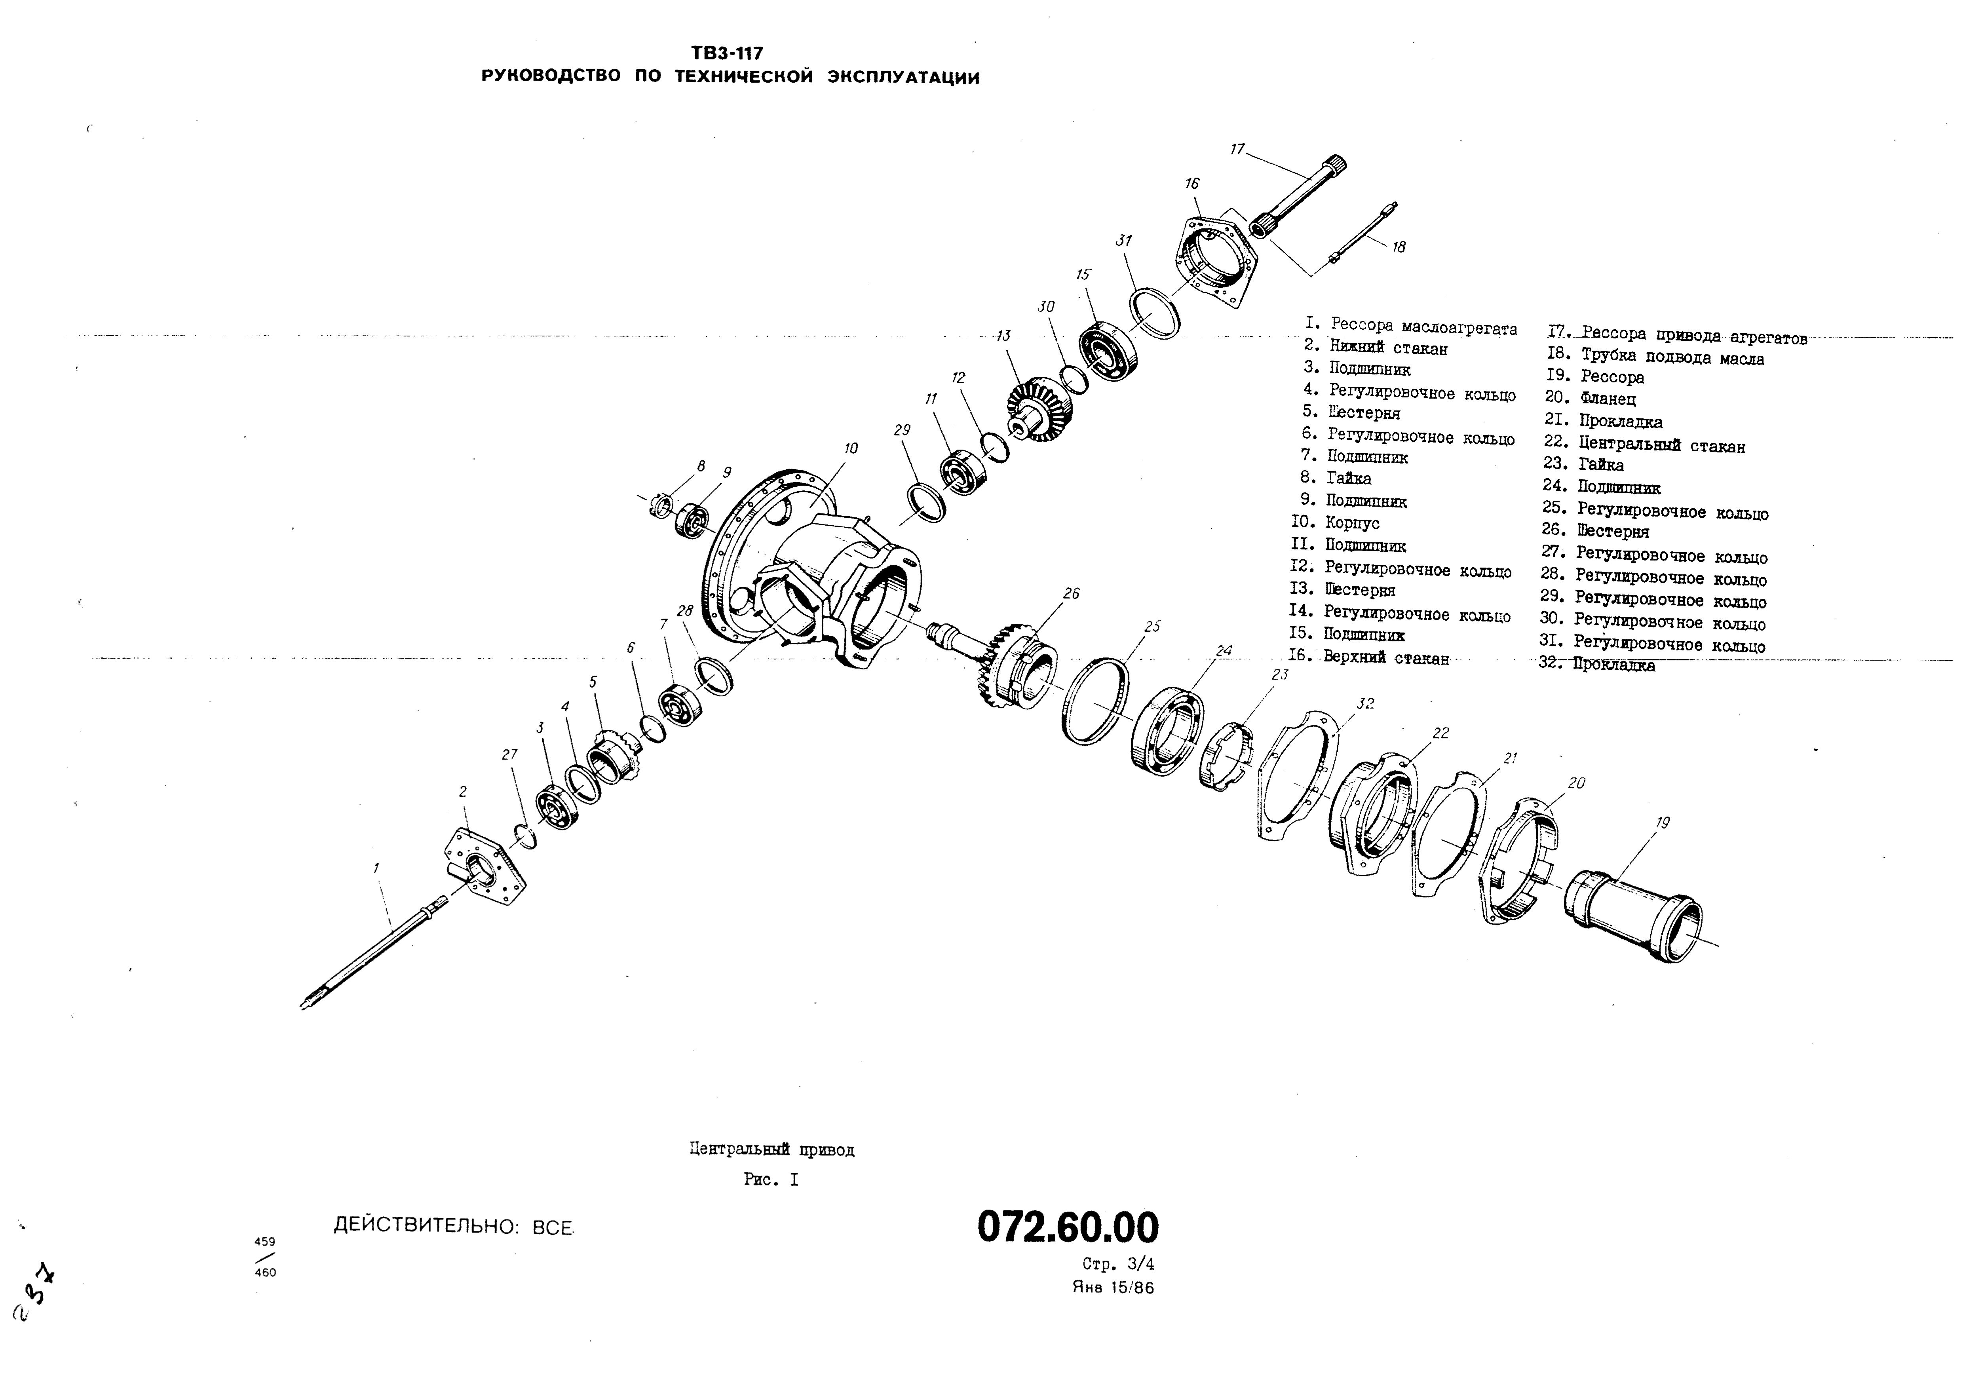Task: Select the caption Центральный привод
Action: click(x=771, y=1150)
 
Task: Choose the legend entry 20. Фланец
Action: click(x=1590, y=399)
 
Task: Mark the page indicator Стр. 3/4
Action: click(x=1117, y=1265)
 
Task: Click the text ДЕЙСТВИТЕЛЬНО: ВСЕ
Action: click(x=453, y=1226)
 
